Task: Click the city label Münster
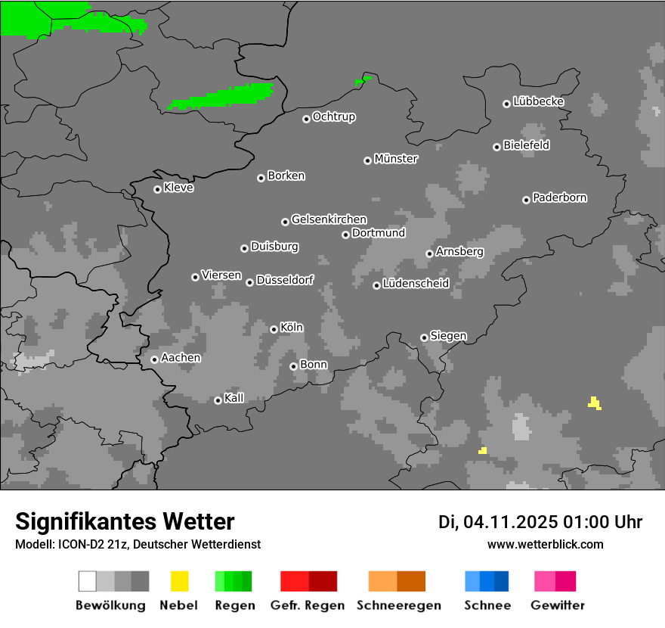tap(396, 159)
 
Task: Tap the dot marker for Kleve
tap(157, 189)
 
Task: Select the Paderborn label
tap(559, 197)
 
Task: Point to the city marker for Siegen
tap(424, 337)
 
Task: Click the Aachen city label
tap(181, 358)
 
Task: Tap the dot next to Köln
tap(274, 329)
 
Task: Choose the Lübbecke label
tap(538, 101)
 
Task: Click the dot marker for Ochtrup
tap(306, 119)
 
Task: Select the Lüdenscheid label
tap(416, 284)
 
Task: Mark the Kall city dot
tap(218, 400)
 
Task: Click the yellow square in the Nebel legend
tap(179, 581)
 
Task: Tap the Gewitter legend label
tap(558, 605)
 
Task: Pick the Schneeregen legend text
tap(398, 605)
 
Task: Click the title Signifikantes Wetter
tap(125, 521)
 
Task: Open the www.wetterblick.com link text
tap(545, 544)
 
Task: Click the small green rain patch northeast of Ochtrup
tap(363, 79)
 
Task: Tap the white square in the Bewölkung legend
tap(88, 581)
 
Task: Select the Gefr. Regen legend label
tap(308, 605)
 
